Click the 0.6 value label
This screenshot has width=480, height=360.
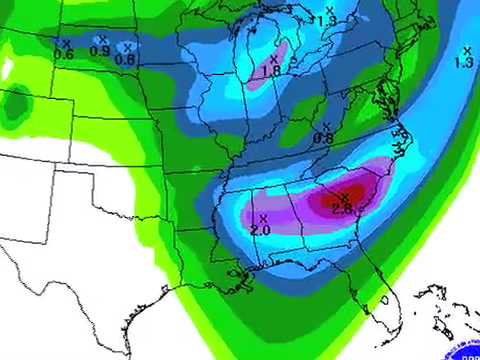64,55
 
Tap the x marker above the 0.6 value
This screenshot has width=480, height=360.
64,43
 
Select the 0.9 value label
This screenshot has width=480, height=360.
100,51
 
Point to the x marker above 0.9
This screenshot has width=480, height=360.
100,39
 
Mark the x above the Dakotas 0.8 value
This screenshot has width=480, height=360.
129,46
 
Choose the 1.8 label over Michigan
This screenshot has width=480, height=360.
271,71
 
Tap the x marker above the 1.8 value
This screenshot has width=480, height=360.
273,59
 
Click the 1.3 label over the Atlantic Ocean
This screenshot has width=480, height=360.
464,62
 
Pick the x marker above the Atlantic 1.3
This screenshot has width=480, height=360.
466,50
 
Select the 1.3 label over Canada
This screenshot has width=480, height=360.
326,19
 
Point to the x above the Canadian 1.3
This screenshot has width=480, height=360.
329,9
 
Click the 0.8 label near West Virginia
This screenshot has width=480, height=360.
323,138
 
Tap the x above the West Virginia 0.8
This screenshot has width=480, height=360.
324,126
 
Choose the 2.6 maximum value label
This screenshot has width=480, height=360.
342,208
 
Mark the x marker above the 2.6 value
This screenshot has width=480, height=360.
344,196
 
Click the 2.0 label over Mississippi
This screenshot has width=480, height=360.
260,230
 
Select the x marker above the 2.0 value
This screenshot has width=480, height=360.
263,217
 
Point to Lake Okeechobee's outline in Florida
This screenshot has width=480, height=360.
386,299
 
